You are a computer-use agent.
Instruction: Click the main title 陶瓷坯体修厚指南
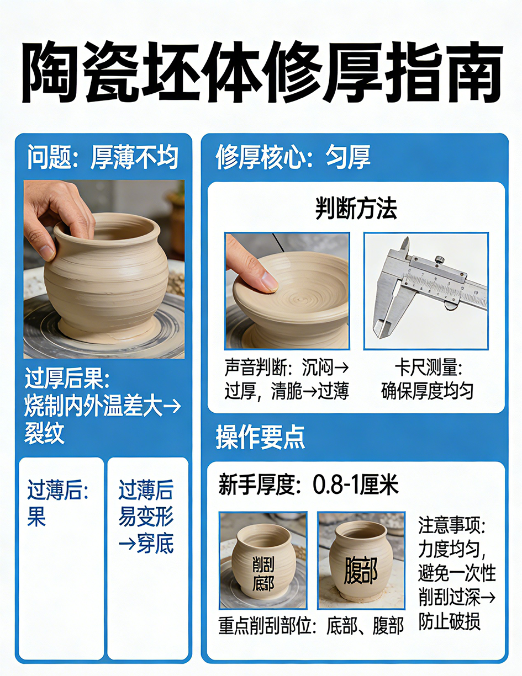pyautogui.click(x=261, y=72)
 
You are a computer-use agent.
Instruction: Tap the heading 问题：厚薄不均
pyautogui.click(x=103, y=157)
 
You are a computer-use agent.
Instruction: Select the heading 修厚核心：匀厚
pyautogui.click(x=293, y=157)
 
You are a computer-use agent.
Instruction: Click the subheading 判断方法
pyautogui.click(x=356, y=209)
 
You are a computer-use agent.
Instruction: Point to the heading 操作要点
pyautogui.click(x=260, y=437)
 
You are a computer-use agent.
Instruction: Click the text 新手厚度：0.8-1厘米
pyautogui.click(x=308, y=485)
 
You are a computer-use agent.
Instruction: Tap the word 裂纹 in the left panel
pyautogui.click(x=44, y=433)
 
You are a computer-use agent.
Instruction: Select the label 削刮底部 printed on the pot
pyautogui.click(x=263, y=574)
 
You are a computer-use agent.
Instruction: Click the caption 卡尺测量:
pyautogui.click(x=428, y=368)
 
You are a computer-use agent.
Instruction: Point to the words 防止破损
pyautogui.click(x=449, y=621)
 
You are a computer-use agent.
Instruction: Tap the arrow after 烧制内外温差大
pyautogui.click(x=172, y=407)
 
